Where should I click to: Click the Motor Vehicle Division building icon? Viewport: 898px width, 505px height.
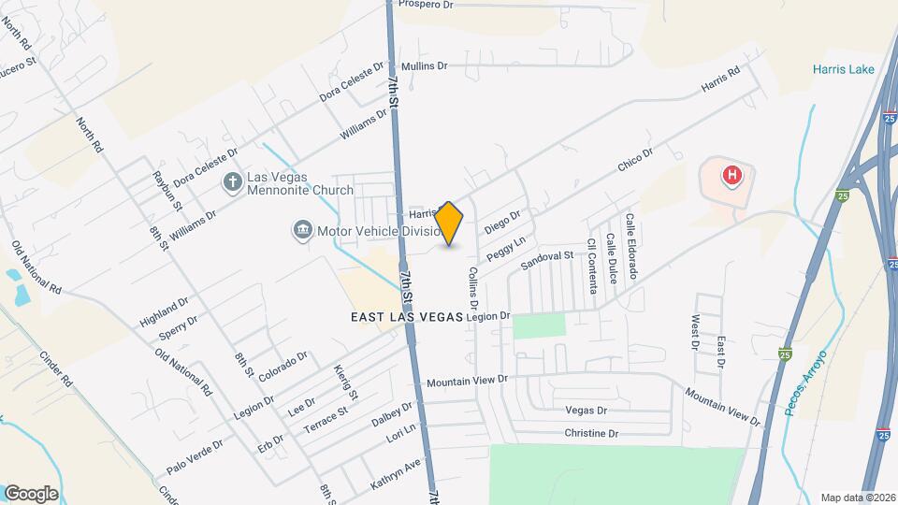(302, 230)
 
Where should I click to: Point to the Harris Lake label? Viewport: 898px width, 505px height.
(842, 69)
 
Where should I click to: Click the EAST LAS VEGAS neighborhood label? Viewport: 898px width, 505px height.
(407, 318)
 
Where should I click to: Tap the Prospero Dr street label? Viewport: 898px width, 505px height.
(426, 5)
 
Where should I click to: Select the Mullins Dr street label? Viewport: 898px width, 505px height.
(425, 66)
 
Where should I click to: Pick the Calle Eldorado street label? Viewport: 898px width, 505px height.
(631, 246)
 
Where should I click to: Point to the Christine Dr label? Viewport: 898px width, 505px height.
(591, 434)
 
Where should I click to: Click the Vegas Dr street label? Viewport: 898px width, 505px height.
(587, 411)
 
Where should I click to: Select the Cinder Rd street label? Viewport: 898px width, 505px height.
(55, 368)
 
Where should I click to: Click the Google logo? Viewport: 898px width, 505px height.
(31, 493)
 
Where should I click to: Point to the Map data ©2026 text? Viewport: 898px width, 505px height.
(856, 498)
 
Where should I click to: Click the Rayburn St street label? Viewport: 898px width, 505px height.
(167, 190)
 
